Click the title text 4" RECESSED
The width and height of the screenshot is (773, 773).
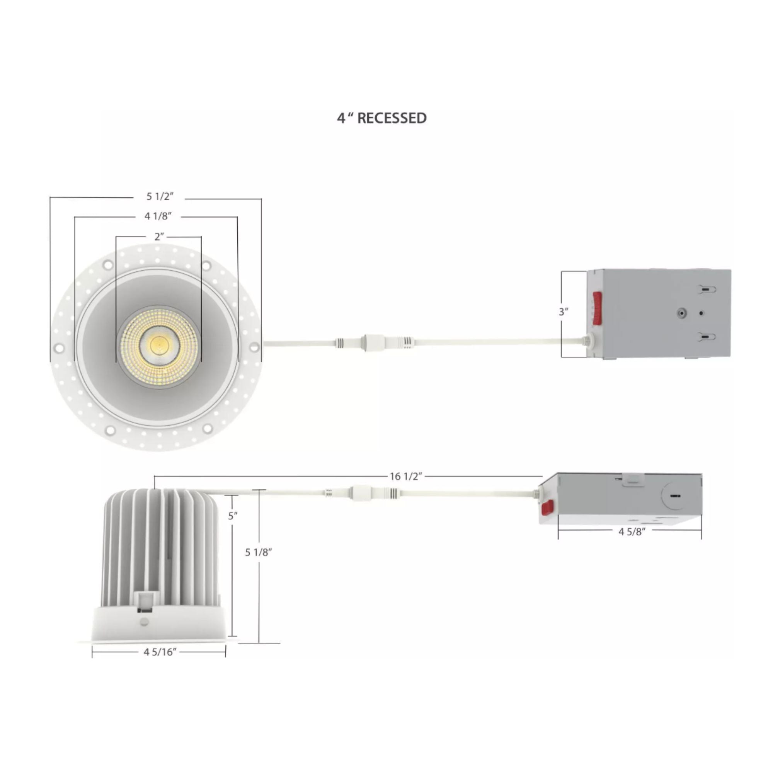(x=382, y=118)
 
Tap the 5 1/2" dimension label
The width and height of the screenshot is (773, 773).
(x=160, y=196)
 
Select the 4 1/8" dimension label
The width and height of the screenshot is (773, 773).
(x=158, y=216)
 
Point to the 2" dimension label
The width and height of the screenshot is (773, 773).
(x=159, y=237)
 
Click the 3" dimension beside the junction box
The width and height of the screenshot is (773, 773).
(x=564, y=312)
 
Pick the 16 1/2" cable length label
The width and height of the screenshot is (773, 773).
(x=406, y=476)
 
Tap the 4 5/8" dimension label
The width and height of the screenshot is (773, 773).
(x=632, y=531)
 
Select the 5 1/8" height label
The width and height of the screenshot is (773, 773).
(x=259, y=553)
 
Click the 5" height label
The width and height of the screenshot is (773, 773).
(x=233, y=516)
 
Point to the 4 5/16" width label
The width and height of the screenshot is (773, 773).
(x=160, y=652)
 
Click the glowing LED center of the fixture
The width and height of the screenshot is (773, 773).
(x=159, y=344)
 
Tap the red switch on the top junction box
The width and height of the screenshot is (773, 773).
(x=597, y=307)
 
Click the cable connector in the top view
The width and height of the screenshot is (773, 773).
(x=374, y=343)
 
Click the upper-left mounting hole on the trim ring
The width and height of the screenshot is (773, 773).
(x=107, y=264)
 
